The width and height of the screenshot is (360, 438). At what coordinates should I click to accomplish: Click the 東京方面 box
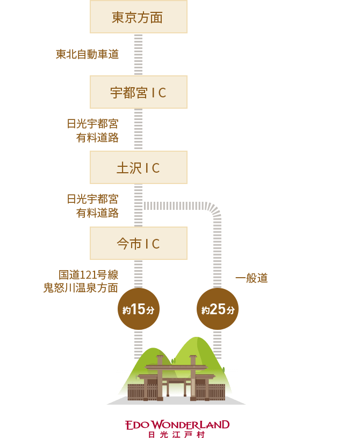click(x=138, y=17)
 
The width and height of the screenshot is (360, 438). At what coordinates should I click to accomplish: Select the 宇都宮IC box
click(x=138, y=93)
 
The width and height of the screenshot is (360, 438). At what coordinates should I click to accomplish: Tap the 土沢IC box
click(x=138, y=168)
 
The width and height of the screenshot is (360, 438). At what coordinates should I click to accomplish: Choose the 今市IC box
click(x=138, y=244)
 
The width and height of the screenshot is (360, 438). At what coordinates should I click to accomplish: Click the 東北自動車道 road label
click(x=87, y=54)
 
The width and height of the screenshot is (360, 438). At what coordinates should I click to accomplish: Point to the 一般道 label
click(x=251, y=278)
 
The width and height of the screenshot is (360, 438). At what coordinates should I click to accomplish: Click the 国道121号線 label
click(x=88, y=275)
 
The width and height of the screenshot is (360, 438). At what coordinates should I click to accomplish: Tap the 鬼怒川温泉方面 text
click(x=81, y=288)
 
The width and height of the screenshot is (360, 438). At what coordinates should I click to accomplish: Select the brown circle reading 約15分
click(x=138, y=309)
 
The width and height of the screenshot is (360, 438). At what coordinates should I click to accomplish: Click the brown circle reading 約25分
click(x=217, y=309)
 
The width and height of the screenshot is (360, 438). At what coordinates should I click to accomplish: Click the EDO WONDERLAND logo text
click(x=177, y=425)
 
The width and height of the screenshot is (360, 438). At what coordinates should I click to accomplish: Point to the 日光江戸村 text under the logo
click(x=177, y=434)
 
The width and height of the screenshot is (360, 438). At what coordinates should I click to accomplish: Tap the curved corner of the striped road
click(x=213, y=209)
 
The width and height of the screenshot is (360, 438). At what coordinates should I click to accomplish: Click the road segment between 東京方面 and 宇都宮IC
click(x=138, y=54)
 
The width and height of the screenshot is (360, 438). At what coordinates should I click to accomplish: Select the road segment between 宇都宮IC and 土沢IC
click(x=138, y=130)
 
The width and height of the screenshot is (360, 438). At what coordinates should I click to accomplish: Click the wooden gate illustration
click(x=177, y=379)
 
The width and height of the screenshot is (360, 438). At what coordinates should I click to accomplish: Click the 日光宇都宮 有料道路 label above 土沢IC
click(x=92, y=131)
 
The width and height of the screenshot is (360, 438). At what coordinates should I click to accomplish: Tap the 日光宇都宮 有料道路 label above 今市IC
click(x=92, y=206)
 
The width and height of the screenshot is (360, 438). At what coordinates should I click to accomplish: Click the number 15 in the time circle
click(x=139, y=309)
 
